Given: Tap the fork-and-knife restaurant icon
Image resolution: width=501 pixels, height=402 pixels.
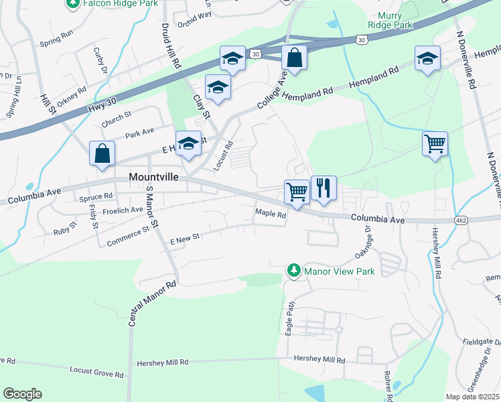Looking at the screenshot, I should [324, 188].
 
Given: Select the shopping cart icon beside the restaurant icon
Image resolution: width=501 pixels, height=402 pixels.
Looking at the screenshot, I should [297, 192].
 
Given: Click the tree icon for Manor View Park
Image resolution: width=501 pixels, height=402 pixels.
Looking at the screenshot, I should [293, 270].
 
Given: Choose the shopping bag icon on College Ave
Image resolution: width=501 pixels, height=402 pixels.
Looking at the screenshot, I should [294, 58].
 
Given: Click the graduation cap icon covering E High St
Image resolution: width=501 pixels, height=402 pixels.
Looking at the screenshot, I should [188, 143].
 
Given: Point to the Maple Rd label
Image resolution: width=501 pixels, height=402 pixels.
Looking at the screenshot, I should [271, 215].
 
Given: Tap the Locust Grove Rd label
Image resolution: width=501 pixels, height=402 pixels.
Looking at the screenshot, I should [97, 370].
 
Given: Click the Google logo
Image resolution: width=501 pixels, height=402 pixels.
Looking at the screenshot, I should [23, 394].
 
